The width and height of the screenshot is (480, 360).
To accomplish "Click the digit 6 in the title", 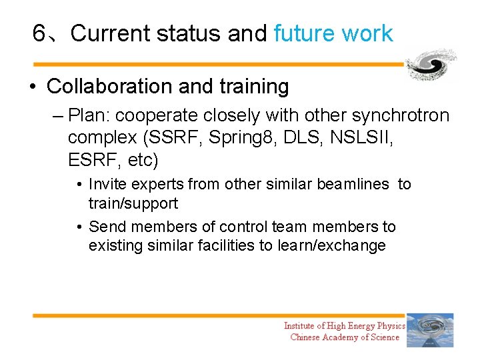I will (x=39, y=33).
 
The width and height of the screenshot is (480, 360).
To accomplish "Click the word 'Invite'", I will (x=108, y=184).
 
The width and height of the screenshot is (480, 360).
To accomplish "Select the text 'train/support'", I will (x=133, y=203).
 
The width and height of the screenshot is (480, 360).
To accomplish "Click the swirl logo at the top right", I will (x=431, y=65).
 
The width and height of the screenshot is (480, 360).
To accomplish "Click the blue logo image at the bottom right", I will (x=430, y=330).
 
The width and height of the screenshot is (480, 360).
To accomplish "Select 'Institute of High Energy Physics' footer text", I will (x=344, y=325).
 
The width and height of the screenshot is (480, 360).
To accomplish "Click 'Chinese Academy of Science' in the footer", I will (x=345, y=337).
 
